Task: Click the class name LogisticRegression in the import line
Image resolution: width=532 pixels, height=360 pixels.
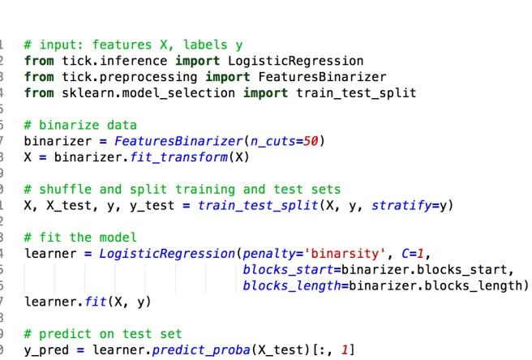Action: (x=295, y=61)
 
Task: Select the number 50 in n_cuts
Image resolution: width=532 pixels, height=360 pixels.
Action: (x=311, y=141)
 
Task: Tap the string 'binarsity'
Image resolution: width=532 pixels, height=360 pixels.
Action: (x=345, y=254)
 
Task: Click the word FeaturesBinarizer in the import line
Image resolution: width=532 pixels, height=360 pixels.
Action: (x=322, y=77)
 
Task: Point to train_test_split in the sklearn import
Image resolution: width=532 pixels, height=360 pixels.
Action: (x=356, y=93)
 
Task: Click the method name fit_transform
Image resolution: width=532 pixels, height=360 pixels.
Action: (x=178, y=157)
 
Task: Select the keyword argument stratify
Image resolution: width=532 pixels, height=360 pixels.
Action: (x=401, y=206)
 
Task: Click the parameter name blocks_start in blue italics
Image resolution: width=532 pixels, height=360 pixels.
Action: (x=288, y=270)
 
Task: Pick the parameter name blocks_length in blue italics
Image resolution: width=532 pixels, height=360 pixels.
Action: (x=292, y=286)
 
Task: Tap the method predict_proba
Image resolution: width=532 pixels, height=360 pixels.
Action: (x=201, y=350)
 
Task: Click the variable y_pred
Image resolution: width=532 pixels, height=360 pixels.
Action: (x=46, y=350)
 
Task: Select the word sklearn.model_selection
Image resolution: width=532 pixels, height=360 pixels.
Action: (x=148, y=93)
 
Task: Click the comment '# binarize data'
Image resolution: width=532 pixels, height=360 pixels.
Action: (x=80, y=125)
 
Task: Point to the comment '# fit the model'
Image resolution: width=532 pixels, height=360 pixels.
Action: (x=80, y=238)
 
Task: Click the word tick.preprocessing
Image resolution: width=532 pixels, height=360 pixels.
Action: (x=129, y=77)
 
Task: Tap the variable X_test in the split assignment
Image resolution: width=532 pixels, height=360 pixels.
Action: (x=69, y=206)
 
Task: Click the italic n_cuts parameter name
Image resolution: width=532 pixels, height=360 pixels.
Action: (x=272, y=141)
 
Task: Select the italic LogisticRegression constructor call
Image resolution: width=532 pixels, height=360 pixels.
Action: (x=167, y=254)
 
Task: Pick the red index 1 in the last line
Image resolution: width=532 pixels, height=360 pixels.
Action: (x=345, y=350)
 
